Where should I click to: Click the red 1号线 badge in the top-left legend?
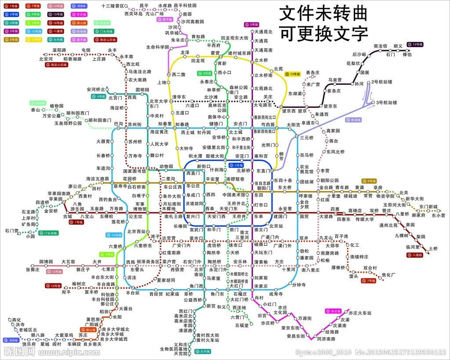[12, 6]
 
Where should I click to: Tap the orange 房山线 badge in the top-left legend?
[79, 23]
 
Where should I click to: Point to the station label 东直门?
[263, 171]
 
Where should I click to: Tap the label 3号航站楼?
[387, 102]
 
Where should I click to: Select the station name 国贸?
[304, 216]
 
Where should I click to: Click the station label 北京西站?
[136, 232]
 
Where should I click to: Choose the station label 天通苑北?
[264, 33]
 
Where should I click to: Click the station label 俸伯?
[406, 55]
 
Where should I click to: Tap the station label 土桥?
[433, 248]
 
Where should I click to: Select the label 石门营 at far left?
[12, 230]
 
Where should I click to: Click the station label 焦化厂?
[388, 275]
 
